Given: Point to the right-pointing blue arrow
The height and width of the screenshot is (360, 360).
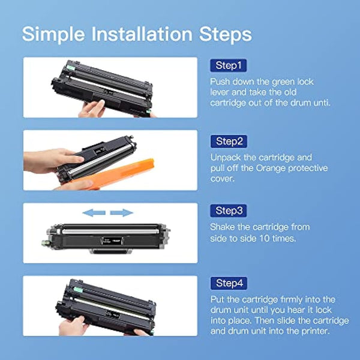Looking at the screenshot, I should click(122, 212).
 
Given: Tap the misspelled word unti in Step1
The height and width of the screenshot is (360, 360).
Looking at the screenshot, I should click(319, 103).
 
